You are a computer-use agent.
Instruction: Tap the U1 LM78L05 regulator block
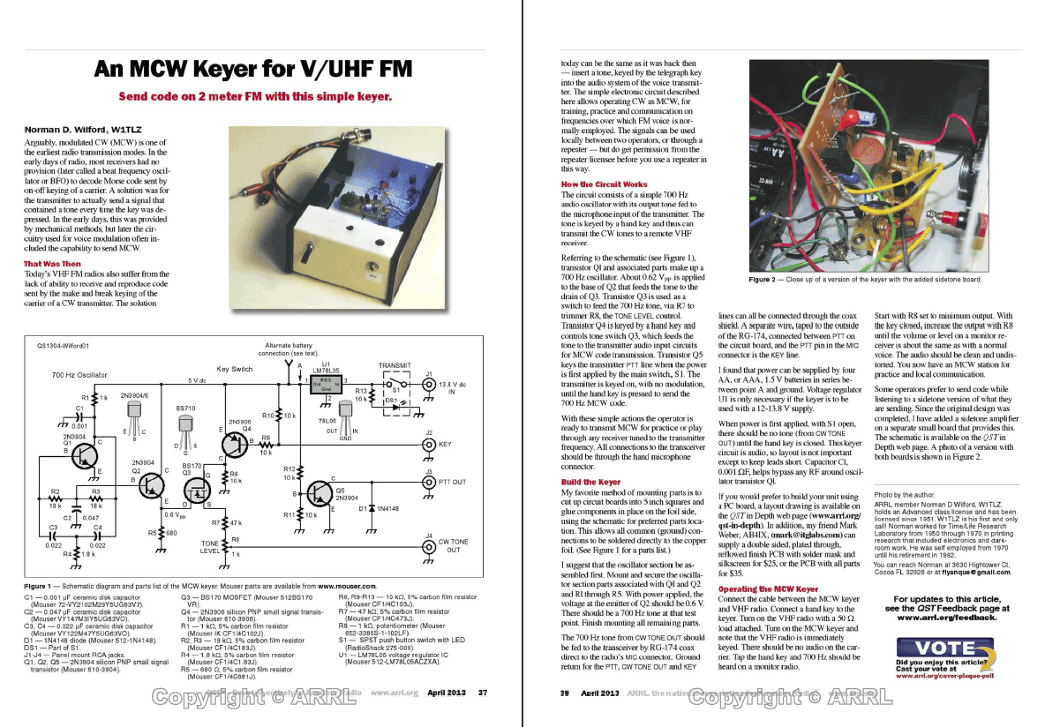(x=327, y=384)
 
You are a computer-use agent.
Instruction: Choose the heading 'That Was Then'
(x=53, y=264)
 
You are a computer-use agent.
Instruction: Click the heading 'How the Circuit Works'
(x=604, y=184)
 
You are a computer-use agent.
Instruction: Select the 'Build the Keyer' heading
(x=590, y=482)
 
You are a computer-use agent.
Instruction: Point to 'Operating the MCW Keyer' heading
(x=768, y=588)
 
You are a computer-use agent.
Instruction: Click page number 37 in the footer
(x=482, y=693)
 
